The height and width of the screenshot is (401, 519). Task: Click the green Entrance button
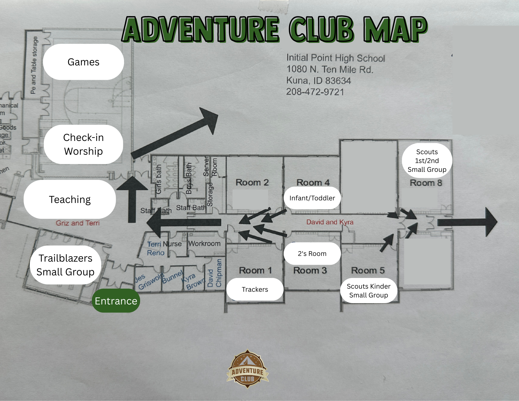116,301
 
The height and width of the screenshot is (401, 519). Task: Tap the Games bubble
83,62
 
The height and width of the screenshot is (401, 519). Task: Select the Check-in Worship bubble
83,144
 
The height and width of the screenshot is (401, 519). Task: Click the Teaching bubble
70,199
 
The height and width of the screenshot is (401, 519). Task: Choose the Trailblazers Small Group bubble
65,265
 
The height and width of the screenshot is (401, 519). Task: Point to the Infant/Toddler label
312,198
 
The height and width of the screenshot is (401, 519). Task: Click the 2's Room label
312,254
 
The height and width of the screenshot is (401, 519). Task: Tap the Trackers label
255,289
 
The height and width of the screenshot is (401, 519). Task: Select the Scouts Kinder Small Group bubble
368,291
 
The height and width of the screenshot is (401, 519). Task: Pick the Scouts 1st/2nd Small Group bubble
427,161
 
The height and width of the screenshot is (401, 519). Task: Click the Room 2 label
252,182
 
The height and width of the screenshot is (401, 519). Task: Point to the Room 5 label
368,270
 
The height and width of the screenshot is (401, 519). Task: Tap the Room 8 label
426,183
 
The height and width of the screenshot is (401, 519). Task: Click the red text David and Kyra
330,222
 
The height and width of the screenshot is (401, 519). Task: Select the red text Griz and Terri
78,223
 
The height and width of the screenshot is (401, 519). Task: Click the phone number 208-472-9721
315,92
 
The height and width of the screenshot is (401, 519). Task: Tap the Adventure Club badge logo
248,369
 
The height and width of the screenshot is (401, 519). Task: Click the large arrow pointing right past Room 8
467,222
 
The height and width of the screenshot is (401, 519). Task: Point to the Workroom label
204,243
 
